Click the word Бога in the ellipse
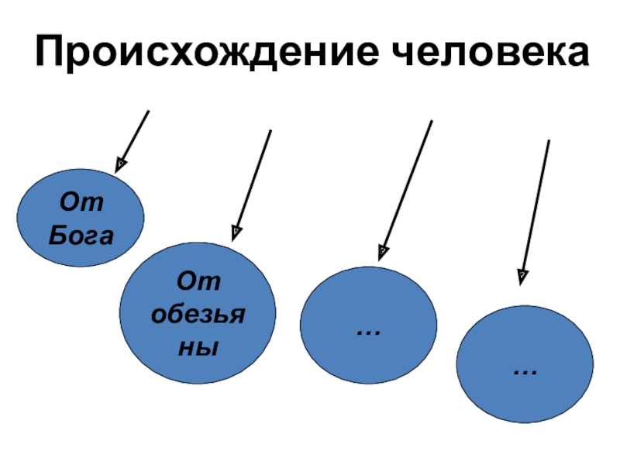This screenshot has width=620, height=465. [x=81, y=235]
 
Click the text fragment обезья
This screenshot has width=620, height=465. [x=198, y=314]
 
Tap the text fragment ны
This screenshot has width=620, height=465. [x=198, y=346]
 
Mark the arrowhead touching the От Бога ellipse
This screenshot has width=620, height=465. [x=120, y=165]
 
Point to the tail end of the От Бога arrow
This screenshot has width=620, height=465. [x=148, y=111]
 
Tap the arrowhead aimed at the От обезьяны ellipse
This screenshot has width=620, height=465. [x=236, y=231]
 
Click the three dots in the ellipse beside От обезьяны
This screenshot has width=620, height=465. [x=368, y=332]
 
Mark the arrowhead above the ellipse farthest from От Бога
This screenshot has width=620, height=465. [x=523, y=273]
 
